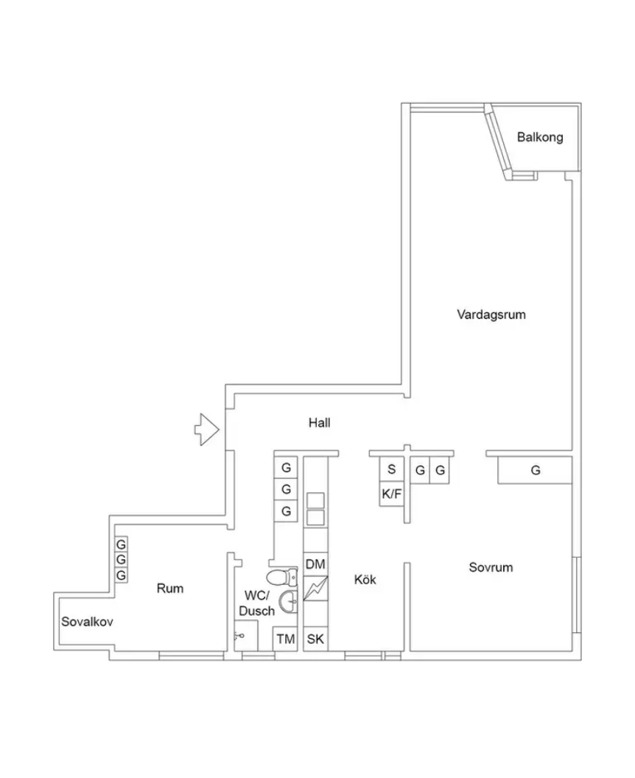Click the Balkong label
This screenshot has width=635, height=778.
point(540,137)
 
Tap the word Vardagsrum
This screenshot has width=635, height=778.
point(491,315)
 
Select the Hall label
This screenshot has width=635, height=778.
point(320,423)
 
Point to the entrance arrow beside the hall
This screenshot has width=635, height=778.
point(206,430)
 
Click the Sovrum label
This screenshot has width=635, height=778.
point(491,567)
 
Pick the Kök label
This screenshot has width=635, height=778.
point(365,580)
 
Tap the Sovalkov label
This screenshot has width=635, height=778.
point(87,621)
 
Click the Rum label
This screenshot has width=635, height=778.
point(170,589)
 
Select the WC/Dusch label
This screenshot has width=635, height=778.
point(257,603)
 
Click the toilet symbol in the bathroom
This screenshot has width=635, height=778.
point(282,577)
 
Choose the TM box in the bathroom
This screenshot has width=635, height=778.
point(285,639)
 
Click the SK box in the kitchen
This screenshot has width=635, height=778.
point(315,639)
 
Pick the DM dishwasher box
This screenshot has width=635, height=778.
point(315,564)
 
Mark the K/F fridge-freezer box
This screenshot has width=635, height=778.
point(391,494)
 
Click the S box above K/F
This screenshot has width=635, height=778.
point(391,469)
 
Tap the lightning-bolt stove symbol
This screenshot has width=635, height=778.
point(315,589)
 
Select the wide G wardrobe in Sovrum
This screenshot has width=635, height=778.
point(536,470)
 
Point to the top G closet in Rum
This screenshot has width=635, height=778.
point(121,544)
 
